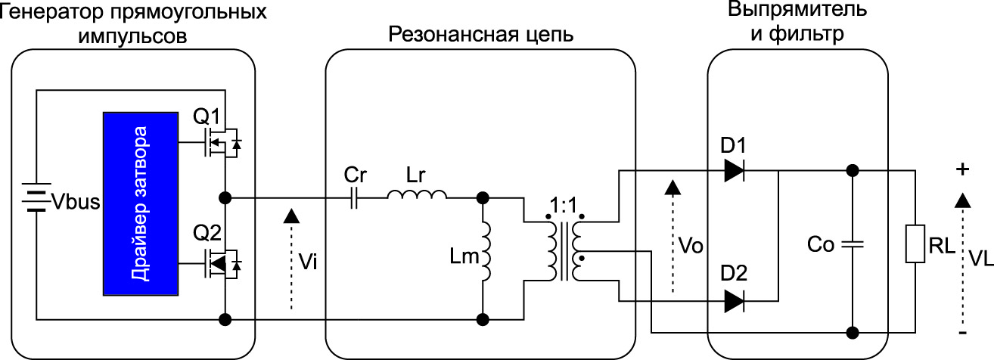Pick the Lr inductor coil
[x=416, y=196]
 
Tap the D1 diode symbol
[x=734, y=171]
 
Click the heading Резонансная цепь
[x=480, y=35]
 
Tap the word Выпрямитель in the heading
[x=797, y=11]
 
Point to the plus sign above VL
[x=962, y=171]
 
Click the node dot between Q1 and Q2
[x=225, y=198]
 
